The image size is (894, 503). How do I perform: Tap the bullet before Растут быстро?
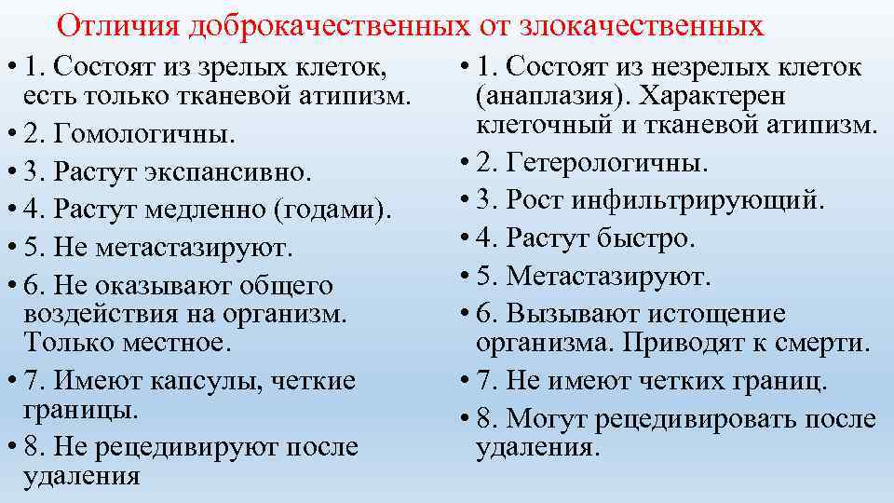point(464,238)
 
